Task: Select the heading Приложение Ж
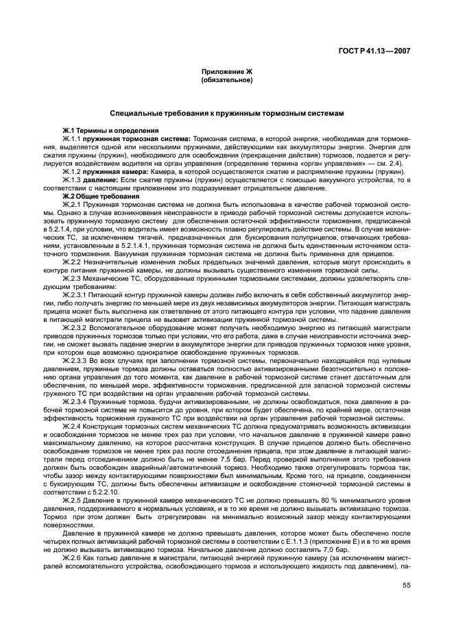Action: point(226,71)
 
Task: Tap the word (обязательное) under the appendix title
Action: point(226,80)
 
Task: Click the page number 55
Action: point(406,586)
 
